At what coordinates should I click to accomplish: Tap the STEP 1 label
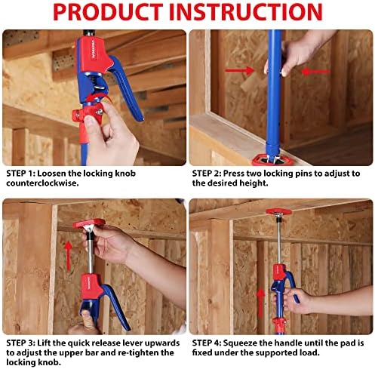20,173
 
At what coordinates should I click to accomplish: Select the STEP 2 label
208,173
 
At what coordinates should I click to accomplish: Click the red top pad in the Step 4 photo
278,214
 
